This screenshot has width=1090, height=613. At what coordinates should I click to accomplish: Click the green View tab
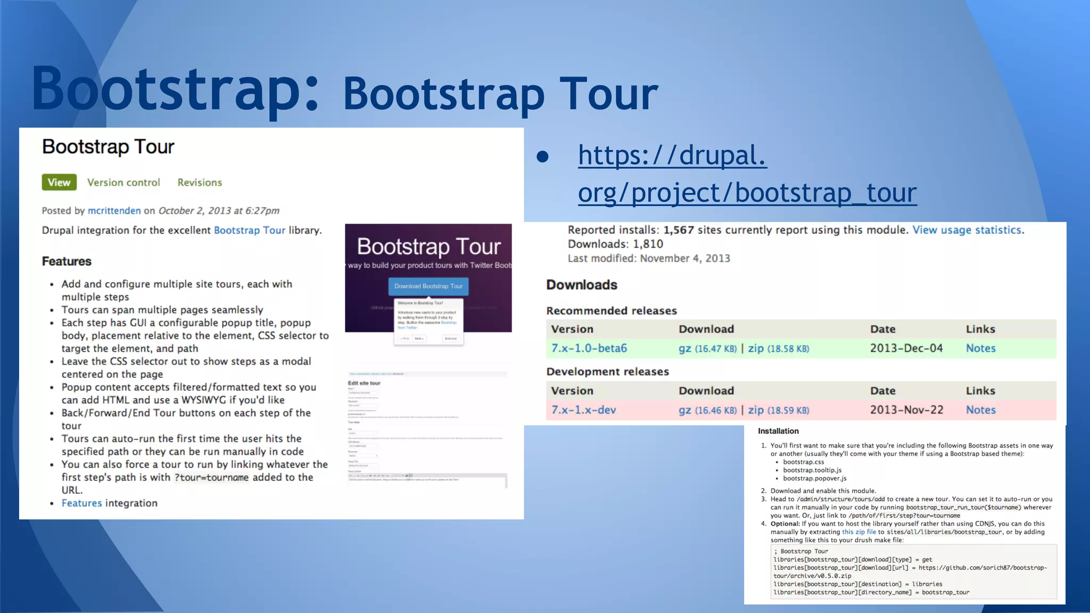click(x=59, y=183)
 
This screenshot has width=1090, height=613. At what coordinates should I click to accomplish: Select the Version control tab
click(x=123, y=183)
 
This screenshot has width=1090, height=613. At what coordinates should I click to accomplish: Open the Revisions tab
click(x=200, y=183)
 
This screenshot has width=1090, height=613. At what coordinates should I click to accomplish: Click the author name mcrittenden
click(x=114, y=211)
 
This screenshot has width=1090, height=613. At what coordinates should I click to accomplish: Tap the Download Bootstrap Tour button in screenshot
click(x=428, y=286)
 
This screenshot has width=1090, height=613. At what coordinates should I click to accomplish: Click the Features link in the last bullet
click(x=81, y=503)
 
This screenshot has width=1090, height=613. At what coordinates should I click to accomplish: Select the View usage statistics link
click(x=967, y=230)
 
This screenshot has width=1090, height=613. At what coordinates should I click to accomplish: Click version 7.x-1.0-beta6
click(x=589, y=349)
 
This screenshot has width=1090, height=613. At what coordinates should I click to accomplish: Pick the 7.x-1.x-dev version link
click(x=583, y=410)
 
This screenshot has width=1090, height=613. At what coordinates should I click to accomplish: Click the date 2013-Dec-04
click(x=906, y=349)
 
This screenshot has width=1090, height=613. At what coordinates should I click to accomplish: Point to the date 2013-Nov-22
click(x=906, y=410)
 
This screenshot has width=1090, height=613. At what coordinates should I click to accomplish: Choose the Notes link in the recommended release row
click(x=980, y=349)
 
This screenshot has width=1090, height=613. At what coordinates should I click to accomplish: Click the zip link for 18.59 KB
click(x=756, y=410)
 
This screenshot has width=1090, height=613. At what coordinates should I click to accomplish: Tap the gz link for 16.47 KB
click(x=684, y=349)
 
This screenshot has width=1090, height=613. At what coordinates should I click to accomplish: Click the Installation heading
click(x=778, y=431)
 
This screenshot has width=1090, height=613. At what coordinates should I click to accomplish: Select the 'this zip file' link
click(x=858, y=532)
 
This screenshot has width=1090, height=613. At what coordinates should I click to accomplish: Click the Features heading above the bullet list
click(x=67, y=261)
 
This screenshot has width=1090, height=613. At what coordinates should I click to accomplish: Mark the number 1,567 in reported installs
click(x=679, y=230)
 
